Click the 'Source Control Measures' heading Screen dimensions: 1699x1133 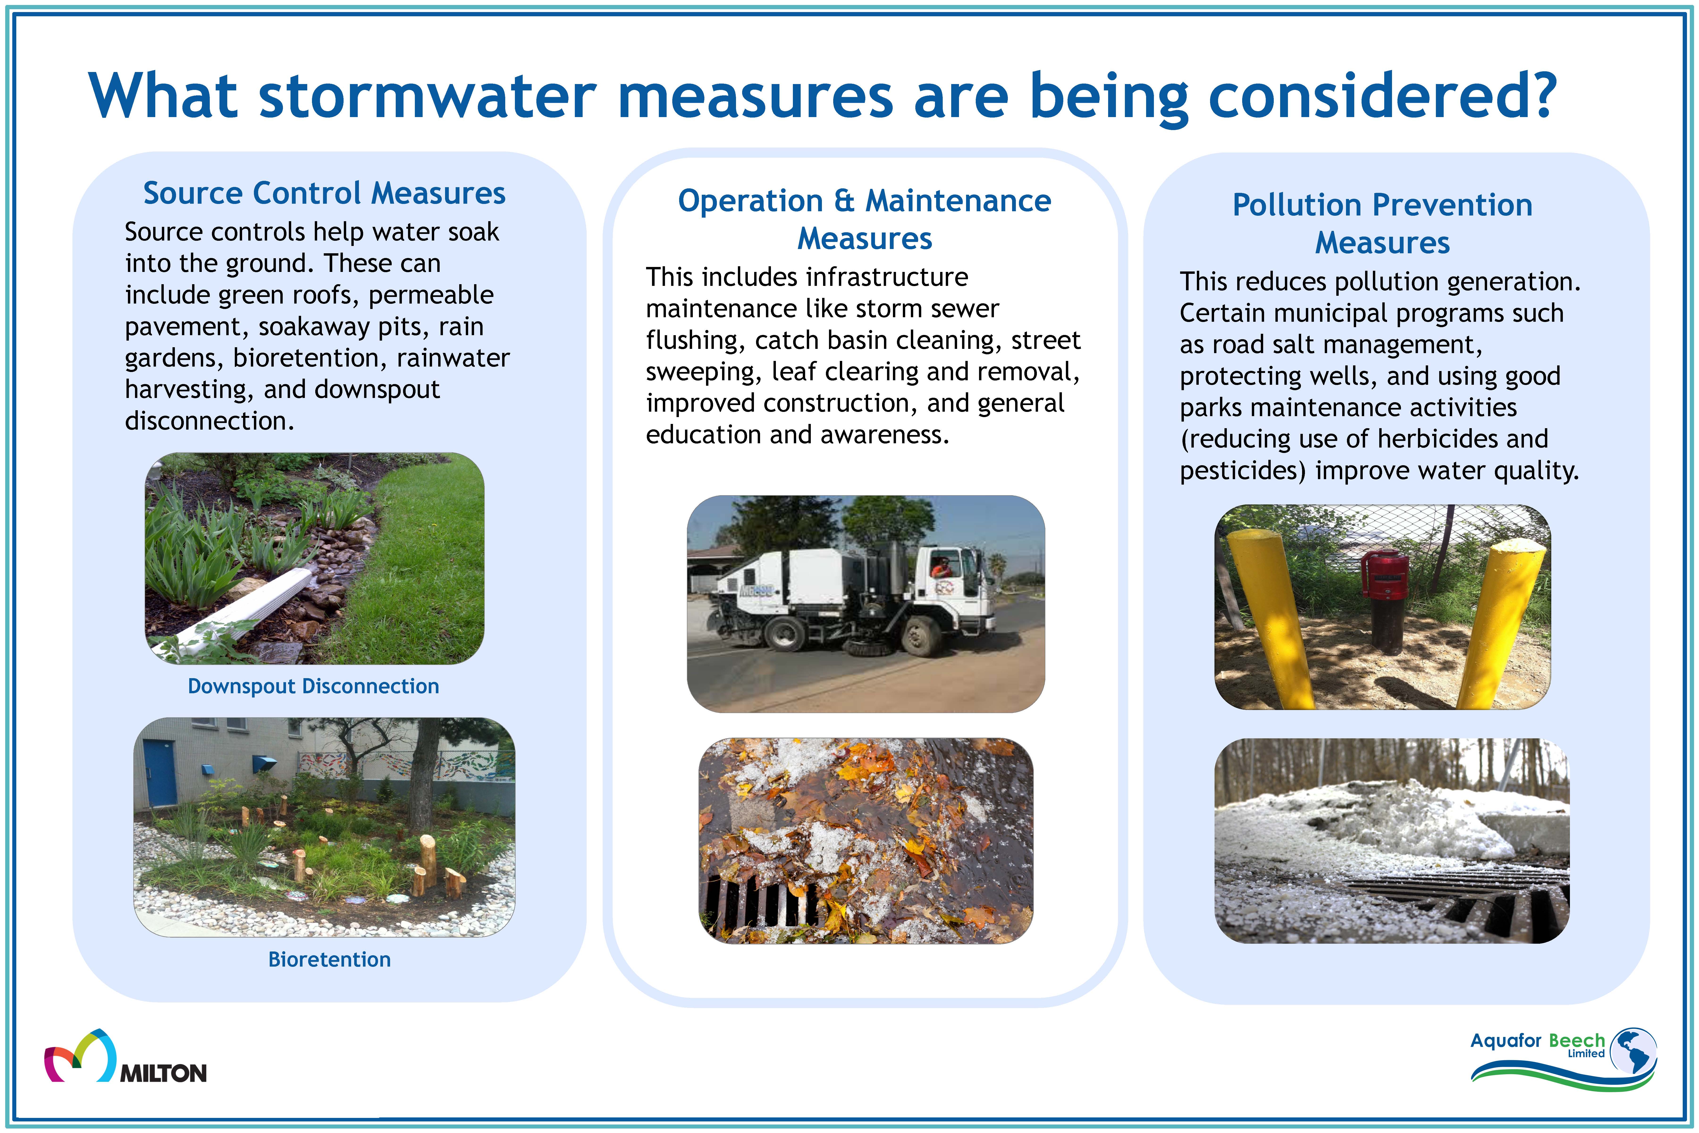pyautogui.click(x=324, y=193)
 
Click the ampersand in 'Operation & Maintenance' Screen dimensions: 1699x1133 pyautogui.click(x=844, y=201)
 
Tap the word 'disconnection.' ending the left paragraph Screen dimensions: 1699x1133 pyautogui.click(x=210, y=421)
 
